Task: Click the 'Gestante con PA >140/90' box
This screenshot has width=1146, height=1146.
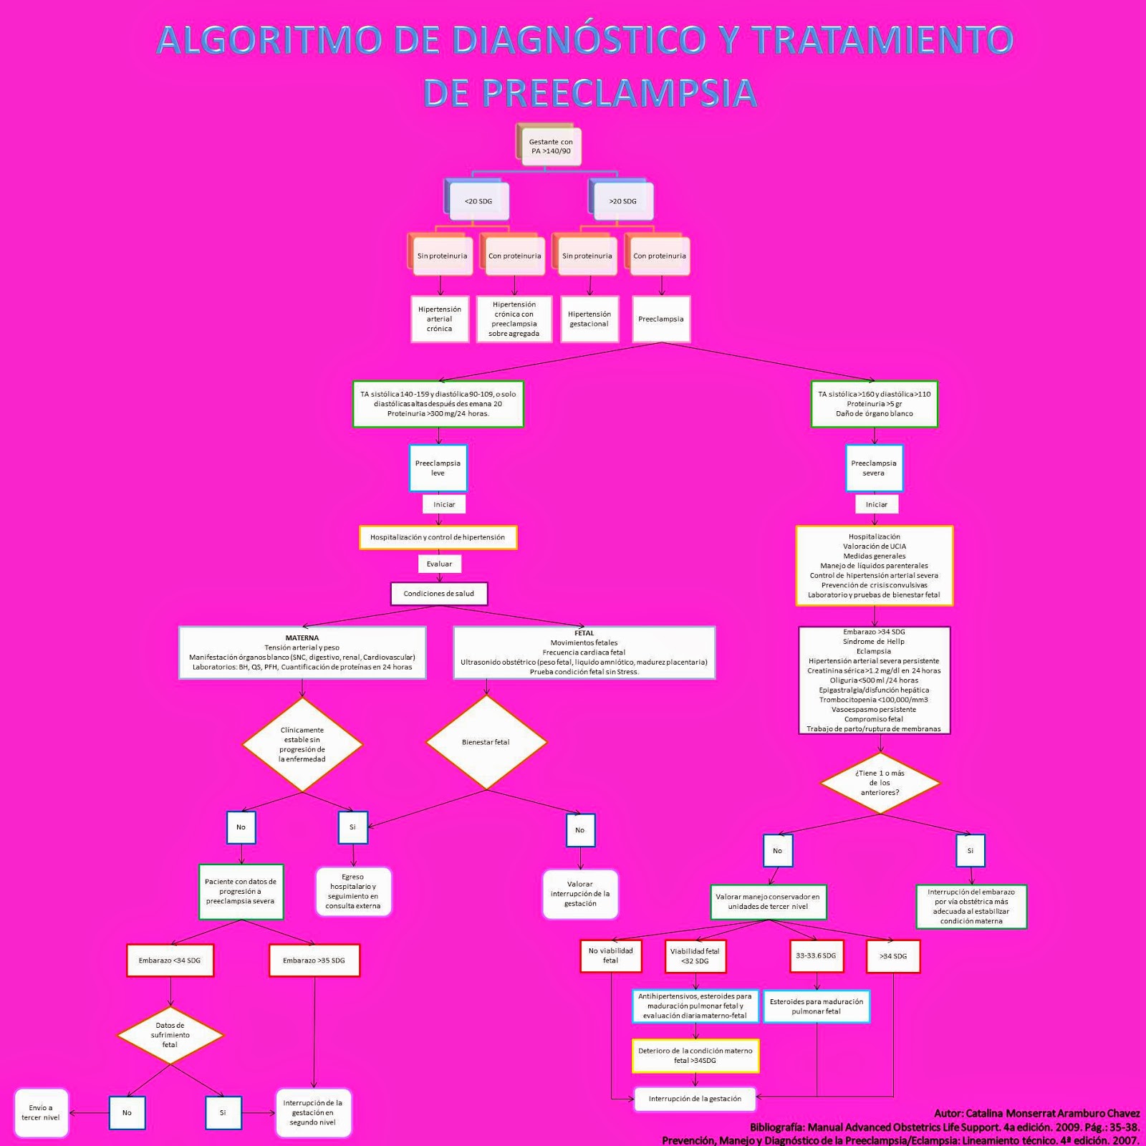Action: pyautogui.click(x=550, y=147)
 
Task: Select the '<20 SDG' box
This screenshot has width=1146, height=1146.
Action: pyautogui.click(x=478, y=201)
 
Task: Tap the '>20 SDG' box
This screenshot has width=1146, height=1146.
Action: pyautogui.click(x=622, y=201)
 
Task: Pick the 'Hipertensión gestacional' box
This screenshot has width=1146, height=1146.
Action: pyautogui.click(x=589, y=319)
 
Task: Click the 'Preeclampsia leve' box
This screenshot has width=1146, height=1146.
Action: pyautogui.click(x=438, y=468)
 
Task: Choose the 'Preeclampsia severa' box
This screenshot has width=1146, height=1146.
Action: pyautogui.click(x=874, y=468)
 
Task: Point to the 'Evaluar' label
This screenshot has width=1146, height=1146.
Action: pyautogui.click(x=439, y=564)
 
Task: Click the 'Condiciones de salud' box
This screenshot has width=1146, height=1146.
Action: pyautogui.click(x=438, y=594)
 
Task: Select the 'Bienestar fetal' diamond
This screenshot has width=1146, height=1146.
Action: pyautogui.click(x=486, y=742)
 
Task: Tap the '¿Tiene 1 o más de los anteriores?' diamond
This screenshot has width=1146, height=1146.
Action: pyautogui.click(x=880, y=783)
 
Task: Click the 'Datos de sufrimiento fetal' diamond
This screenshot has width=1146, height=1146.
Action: pyautogui.click(x=170, y=1035)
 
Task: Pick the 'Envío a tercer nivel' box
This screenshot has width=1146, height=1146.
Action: pyautogui.click(x=41, y=1112)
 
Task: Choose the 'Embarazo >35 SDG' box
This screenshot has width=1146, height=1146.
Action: pyautogui.click(x=314, y=960)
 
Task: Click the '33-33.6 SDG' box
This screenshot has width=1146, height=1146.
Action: pyautogui.click(x=816, y=956)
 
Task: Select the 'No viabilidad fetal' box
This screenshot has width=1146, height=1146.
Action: pyautogui.click(x=610, y=956)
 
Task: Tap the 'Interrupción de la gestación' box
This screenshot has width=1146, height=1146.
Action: pyautogui.click(x=695, y=1099)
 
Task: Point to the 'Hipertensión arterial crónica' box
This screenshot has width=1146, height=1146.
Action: pyautogui.click(x=440, y=319)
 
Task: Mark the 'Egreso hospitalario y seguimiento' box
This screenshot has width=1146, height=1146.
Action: pyautogui.click(x=353, y=892)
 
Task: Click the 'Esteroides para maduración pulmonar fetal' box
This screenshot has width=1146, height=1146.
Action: pyautogui.click(x=817, y=1006)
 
